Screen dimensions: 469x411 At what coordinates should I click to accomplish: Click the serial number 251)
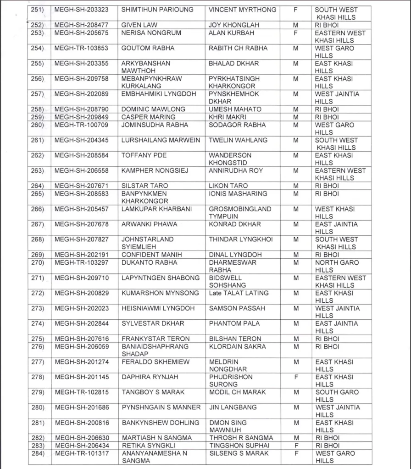click(38, 10)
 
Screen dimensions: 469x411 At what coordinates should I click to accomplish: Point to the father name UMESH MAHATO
click(235, 109)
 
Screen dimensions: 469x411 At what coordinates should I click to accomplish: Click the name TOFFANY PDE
click(144, 155)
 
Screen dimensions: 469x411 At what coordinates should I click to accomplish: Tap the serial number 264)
click(38, 186)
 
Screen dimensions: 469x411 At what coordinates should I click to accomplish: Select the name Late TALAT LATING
click(239, 293)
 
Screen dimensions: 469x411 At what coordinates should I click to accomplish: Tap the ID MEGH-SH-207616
click(81, 339)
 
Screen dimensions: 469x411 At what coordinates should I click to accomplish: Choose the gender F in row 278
click(296, 377)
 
